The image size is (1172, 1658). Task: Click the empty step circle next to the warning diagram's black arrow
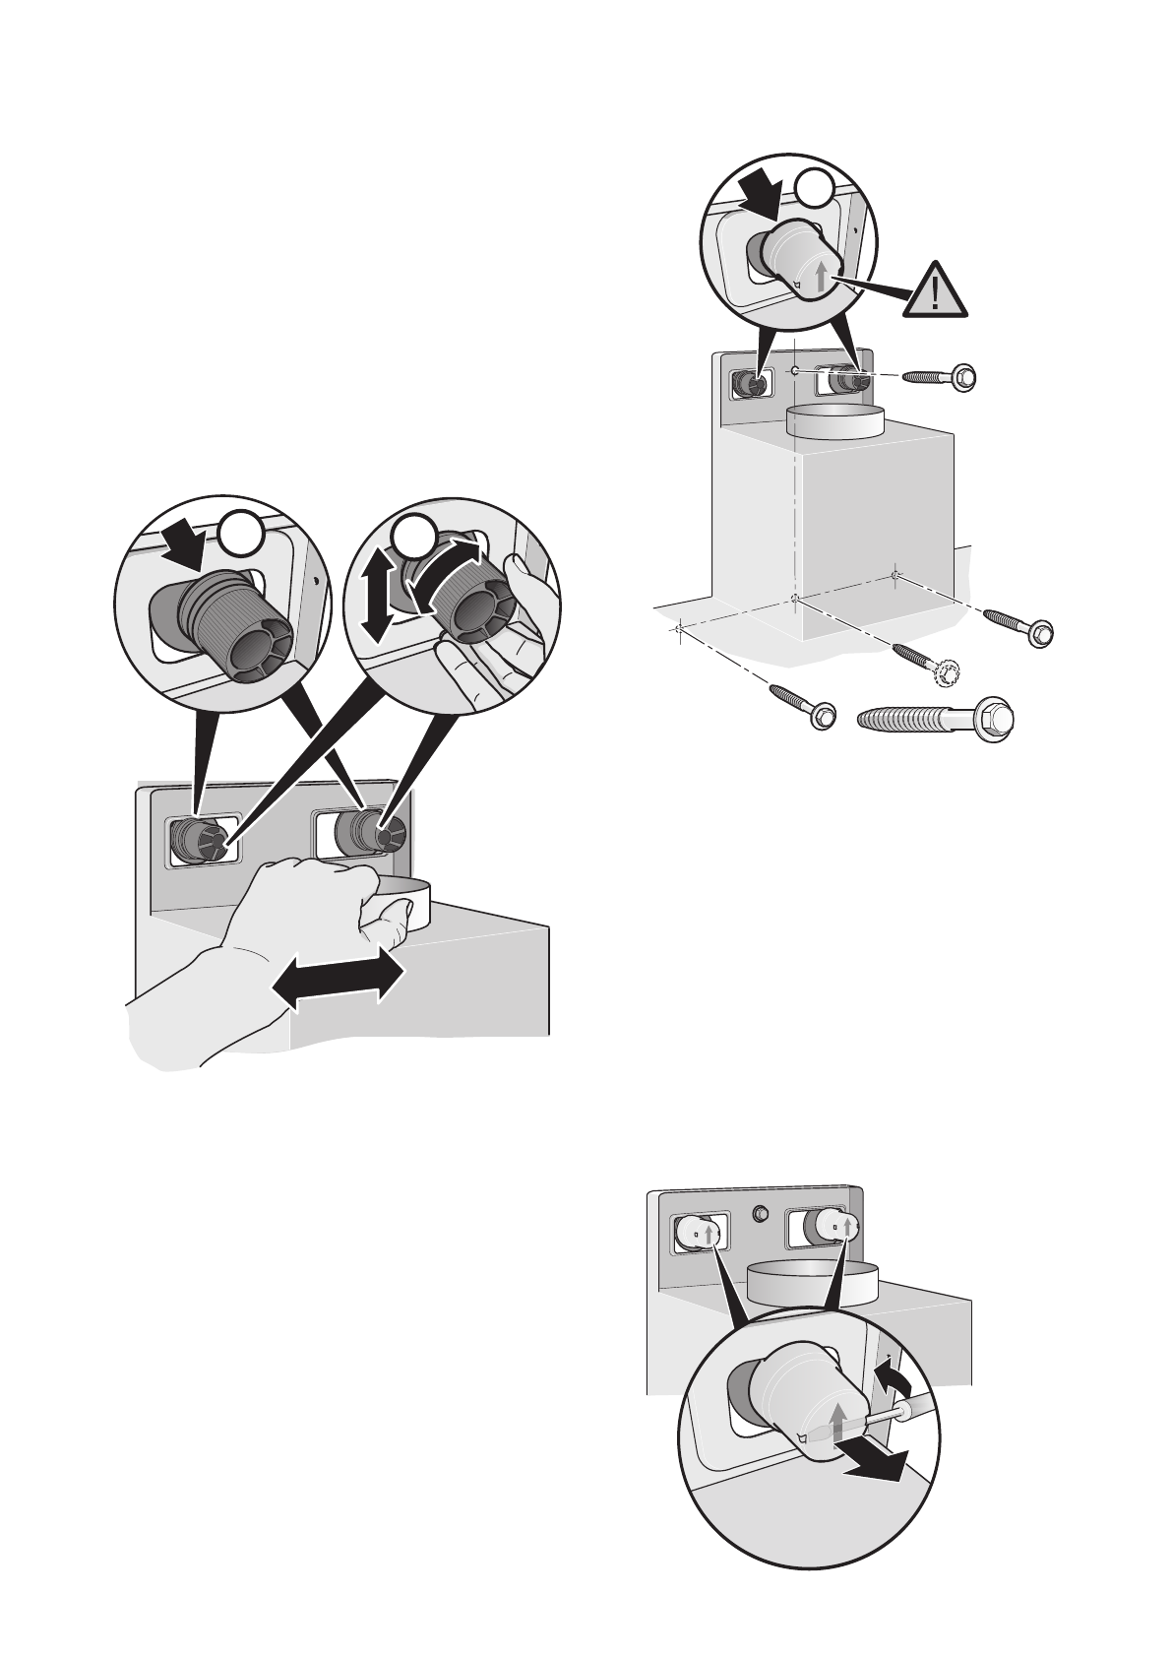point(814,187)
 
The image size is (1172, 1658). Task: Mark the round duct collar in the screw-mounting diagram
point(835,421)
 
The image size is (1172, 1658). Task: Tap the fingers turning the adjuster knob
point(482,655)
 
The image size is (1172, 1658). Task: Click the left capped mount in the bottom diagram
point(695,1231)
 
